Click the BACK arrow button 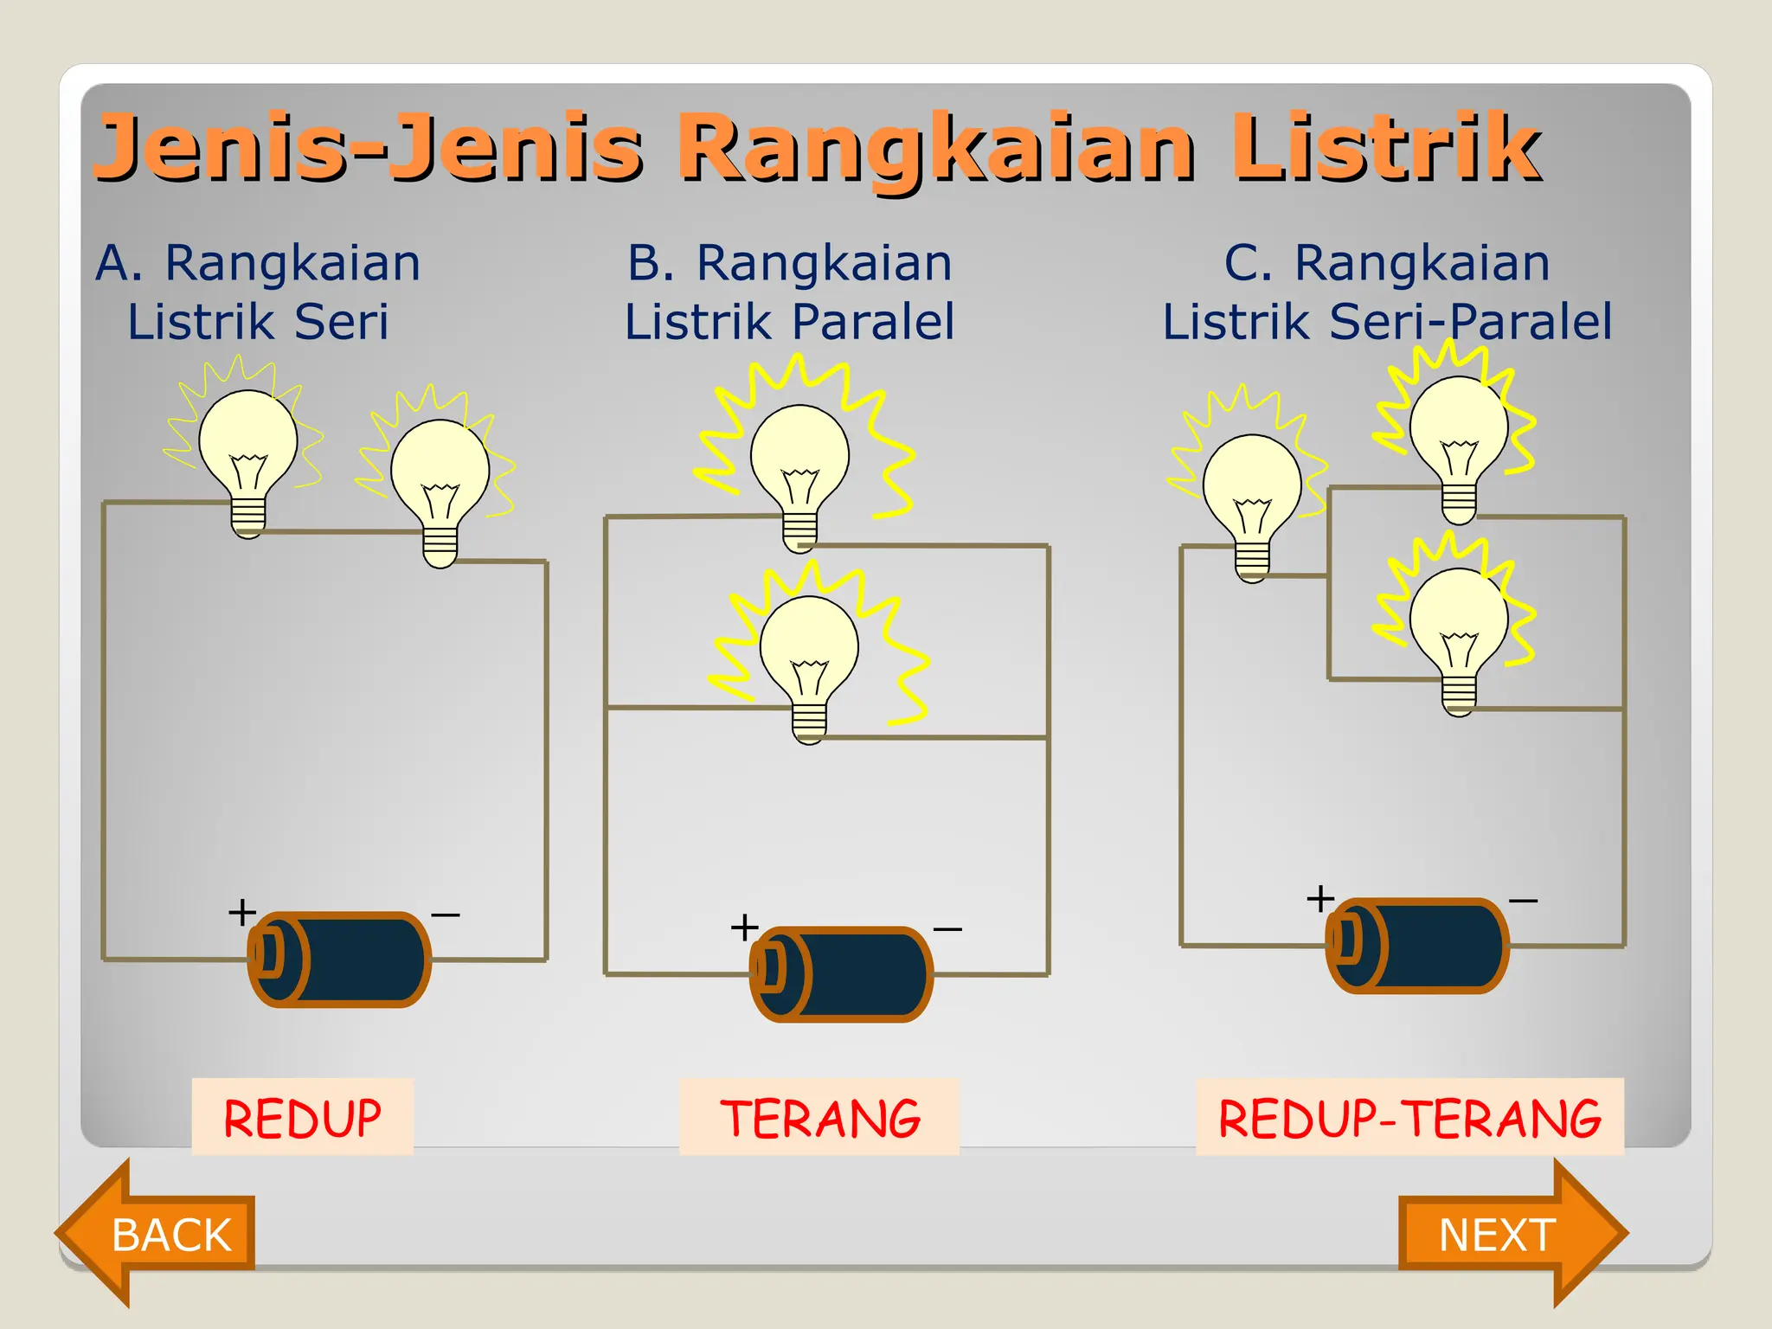[x=164, y=1233]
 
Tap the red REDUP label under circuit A [x=302, y=1117]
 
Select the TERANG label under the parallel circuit [x=819, y=1117]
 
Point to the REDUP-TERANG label [x=1409, y=1117]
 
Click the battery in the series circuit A [x=339, y=959]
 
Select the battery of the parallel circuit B [x=841, y=973]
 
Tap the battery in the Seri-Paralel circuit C [x=1417, y=945]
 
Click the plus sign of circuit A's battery [x=242, y=912]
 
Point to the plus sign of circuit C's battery [x=1320, y=898]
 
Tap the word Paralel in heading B [x=873, y=322]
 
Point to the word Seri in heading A [x=341, y=322]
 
